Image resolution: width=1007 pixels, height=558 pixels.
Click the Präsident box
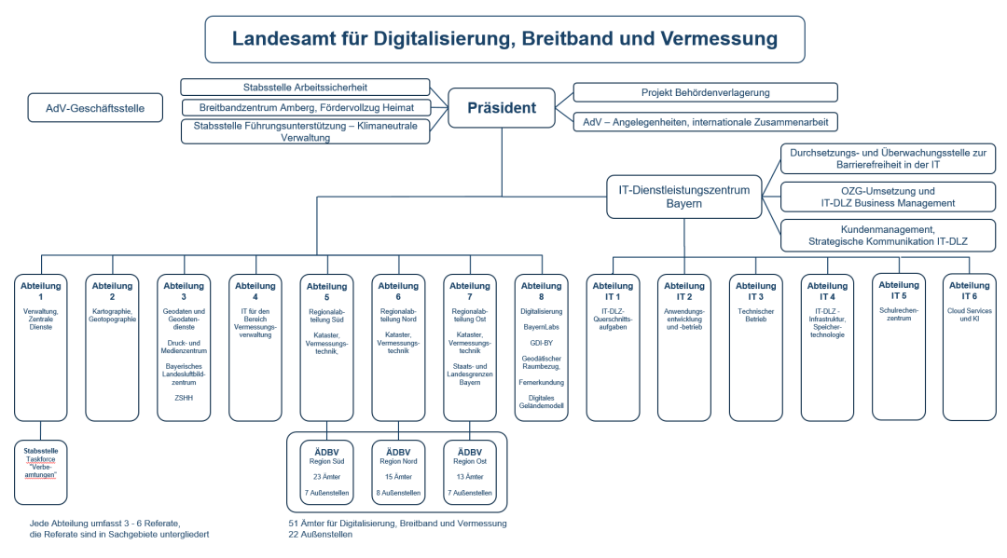[502, 108]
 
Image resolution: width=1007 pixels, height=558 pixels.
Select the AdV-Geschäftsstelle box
[95, 108]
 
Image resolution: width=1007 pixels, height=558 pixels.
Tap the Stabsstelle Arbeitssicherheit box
[305, 88]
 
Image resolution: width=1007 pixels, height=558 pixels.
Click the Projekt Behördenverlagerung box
[705, 92]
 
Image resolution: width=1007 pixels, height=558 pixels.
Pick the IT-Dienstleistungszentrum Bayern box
[683, 197]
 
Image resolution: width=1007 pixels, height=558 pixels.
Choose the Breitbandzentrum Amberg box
[305, 108]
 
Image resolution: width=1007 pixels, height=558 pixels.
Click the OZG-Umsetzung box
[887, 197]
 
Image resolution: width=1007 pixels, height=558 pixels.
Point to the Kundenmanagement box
[887, 235]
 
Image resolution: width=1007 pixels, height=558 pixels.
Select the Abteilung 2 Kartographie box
[113, 347]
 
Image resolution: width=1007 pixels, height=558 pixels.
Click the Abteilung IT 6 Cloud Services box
[969, 347]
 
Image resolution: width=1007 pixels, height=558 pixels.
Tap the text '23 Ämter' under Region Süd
[326, 476]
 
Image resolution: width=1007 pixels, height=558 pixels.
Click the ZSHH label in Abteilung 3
[184, 398]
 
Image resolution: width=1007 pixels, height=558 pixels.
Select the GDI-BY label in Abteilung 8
[541, 343]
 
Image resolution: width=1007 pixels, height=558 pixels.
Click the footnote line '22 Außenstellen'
[321, 535]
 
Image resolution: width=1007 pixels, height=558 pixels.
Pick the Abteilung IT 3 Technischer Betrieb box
[755, 347]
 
